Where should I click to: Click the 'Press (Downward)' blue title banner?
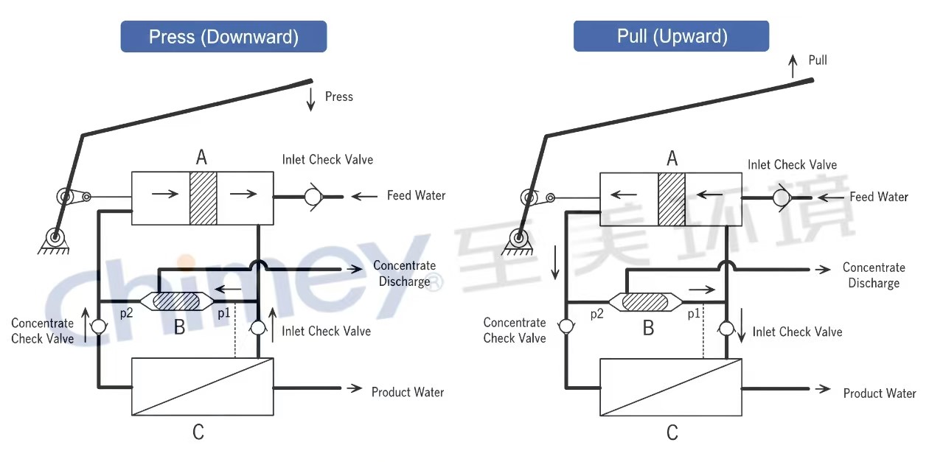(223, 36)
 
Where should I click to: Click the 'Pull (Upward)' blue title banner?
(672, 36)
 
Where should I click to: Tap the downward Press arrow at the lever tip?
(311, 99)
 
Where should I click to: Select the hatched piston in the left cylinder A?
(203, 198)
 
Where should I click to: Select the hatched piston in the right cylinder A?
(672, 199)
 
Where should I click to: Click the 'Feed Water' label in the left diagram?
(416, 195)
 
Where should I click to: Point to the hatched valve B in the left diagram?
(176, 301)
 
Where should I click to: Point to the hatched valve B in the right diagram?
(646, 301)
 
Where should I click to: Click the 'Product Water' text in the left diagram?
(408, 392)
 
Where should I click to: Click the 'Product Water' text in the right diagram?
(880, 393)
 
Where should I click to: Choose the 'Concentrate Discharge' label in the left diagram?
(404, 273)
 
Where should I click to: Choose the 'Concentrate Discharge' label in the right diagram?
(874, 275)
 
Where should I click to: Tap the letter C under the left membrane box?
(198, 432)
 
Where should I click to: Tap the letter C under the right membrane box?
(672, 432)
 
